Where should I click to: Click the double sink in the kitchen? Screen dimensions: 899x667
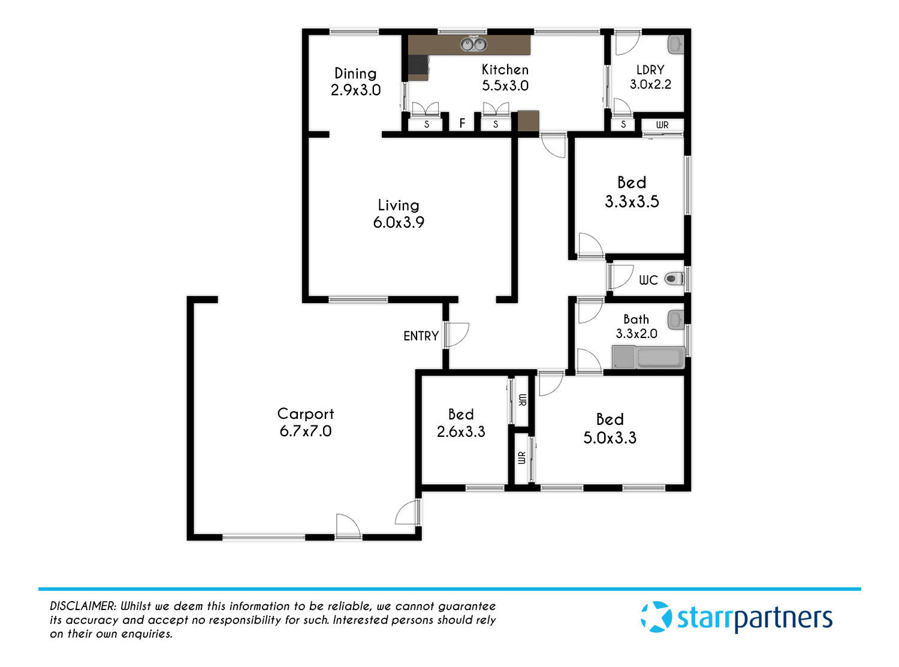(473, 44)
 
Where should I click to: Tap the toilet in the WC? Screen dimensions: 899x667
(673, 278)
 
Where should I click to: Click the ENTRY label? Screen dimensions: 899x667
(421, 336)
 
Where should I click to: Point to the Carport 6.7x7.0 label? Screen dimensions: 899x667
(305, 422)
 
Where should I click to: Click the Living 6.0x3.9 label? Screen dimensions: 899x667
(399, 213)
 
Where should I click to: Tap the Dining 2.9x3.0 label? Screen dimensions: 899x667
(355, 82)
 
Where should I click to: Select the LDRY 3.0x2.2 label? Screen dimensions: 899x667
(650, 77)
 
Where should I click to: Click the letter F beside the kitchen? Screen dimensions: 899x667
(462, 123)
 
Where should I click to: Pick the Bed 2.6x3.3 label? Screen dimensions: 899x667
(461, 422)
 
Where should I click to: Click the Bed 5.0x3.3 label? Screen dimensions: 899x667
(610, 428)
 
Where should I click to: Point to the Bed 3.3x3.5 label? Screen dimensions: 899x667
(632, 192)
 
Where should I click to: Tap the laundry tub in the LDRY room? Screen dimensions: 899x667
(675, 44)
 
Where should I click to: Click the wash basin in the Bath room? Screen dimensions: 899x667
(676, 319)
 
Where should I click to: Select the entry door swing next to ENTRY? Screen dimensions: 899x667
(457, 334)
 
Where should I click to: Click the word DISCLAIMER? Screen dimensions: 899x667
(83, 606)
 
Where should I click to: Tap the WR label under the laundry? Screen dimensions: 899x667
(662, 125)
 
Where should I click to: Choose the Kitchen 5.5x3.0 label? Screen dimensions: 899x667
(505, 77)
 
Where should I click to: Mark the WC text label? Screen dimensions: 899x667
(648, 280)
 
